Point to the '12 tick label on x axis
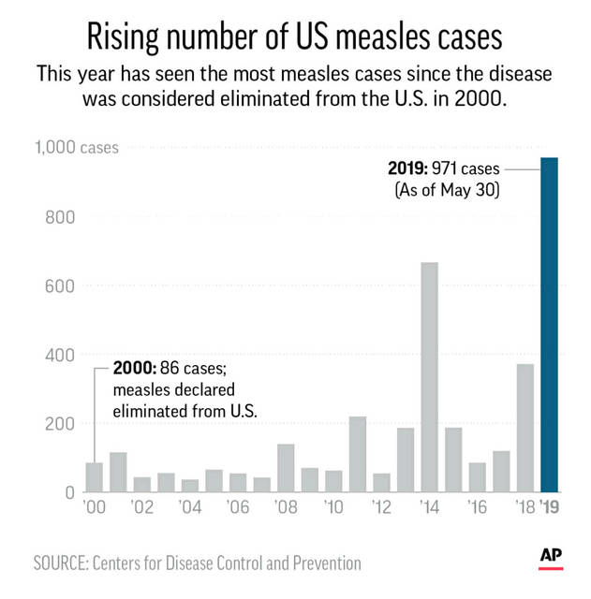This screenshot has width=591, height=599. [x=381, y=508]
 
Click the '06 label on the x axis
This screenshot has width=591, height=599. [x=237, y=508]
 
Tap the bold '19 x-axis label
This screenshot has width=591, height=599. [x=550, y=508]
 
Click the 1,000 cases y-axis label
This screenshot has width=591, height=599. [x=77, y=147]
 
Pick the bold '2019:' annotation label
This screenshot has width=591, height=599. [x=410, y=169]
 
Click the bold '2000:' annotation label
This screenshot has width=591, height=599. [x=135, y=368]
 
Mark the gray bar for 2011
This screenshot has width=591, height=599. [x=358, y=453]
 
